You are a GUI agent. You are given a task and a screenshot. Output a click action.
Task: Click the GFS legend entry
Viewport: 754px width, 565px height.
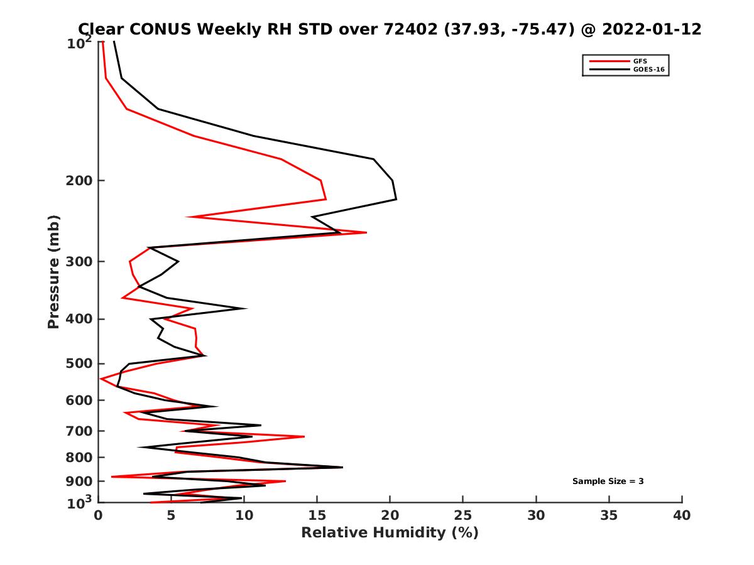(640, 61)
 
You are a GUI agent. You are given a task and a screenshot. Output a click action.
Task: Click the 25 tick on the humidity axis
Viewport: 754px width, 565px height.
(463, 515)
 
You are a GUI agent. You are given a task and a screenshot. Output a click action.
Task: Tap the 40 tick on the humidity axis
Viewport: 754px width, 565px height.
(682, 515)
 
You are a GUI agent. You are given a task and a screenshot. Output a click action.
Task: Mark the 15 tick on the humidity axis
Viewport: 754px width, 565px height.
(317, 515)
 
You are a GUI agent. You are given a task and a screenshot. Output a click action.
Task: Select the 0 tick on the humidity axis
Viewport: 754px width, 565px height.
(99, 515)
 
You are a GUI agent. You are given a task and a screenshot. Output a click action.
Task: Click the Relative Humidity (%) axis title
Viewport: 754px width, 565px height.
(390, 533)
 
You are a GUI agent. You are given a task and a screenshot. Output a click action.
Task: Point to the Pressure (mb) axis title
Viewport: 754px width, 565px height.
(53, 272)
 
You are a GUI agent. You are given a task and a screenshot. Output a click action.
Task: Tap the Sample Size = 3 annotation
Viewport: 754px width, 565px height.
(608, 482)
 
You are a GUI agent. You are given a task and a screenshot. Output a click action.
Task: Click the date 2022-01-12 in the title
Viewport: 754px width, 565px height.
(650, 29)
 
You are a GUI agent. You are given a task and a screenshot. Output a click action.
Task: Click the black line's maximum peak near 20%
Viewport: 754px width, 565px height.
(396, 199)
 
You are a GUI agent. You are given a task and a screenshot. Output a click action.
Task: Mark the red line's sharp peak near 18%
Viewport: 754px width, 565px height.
(366, 233)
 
